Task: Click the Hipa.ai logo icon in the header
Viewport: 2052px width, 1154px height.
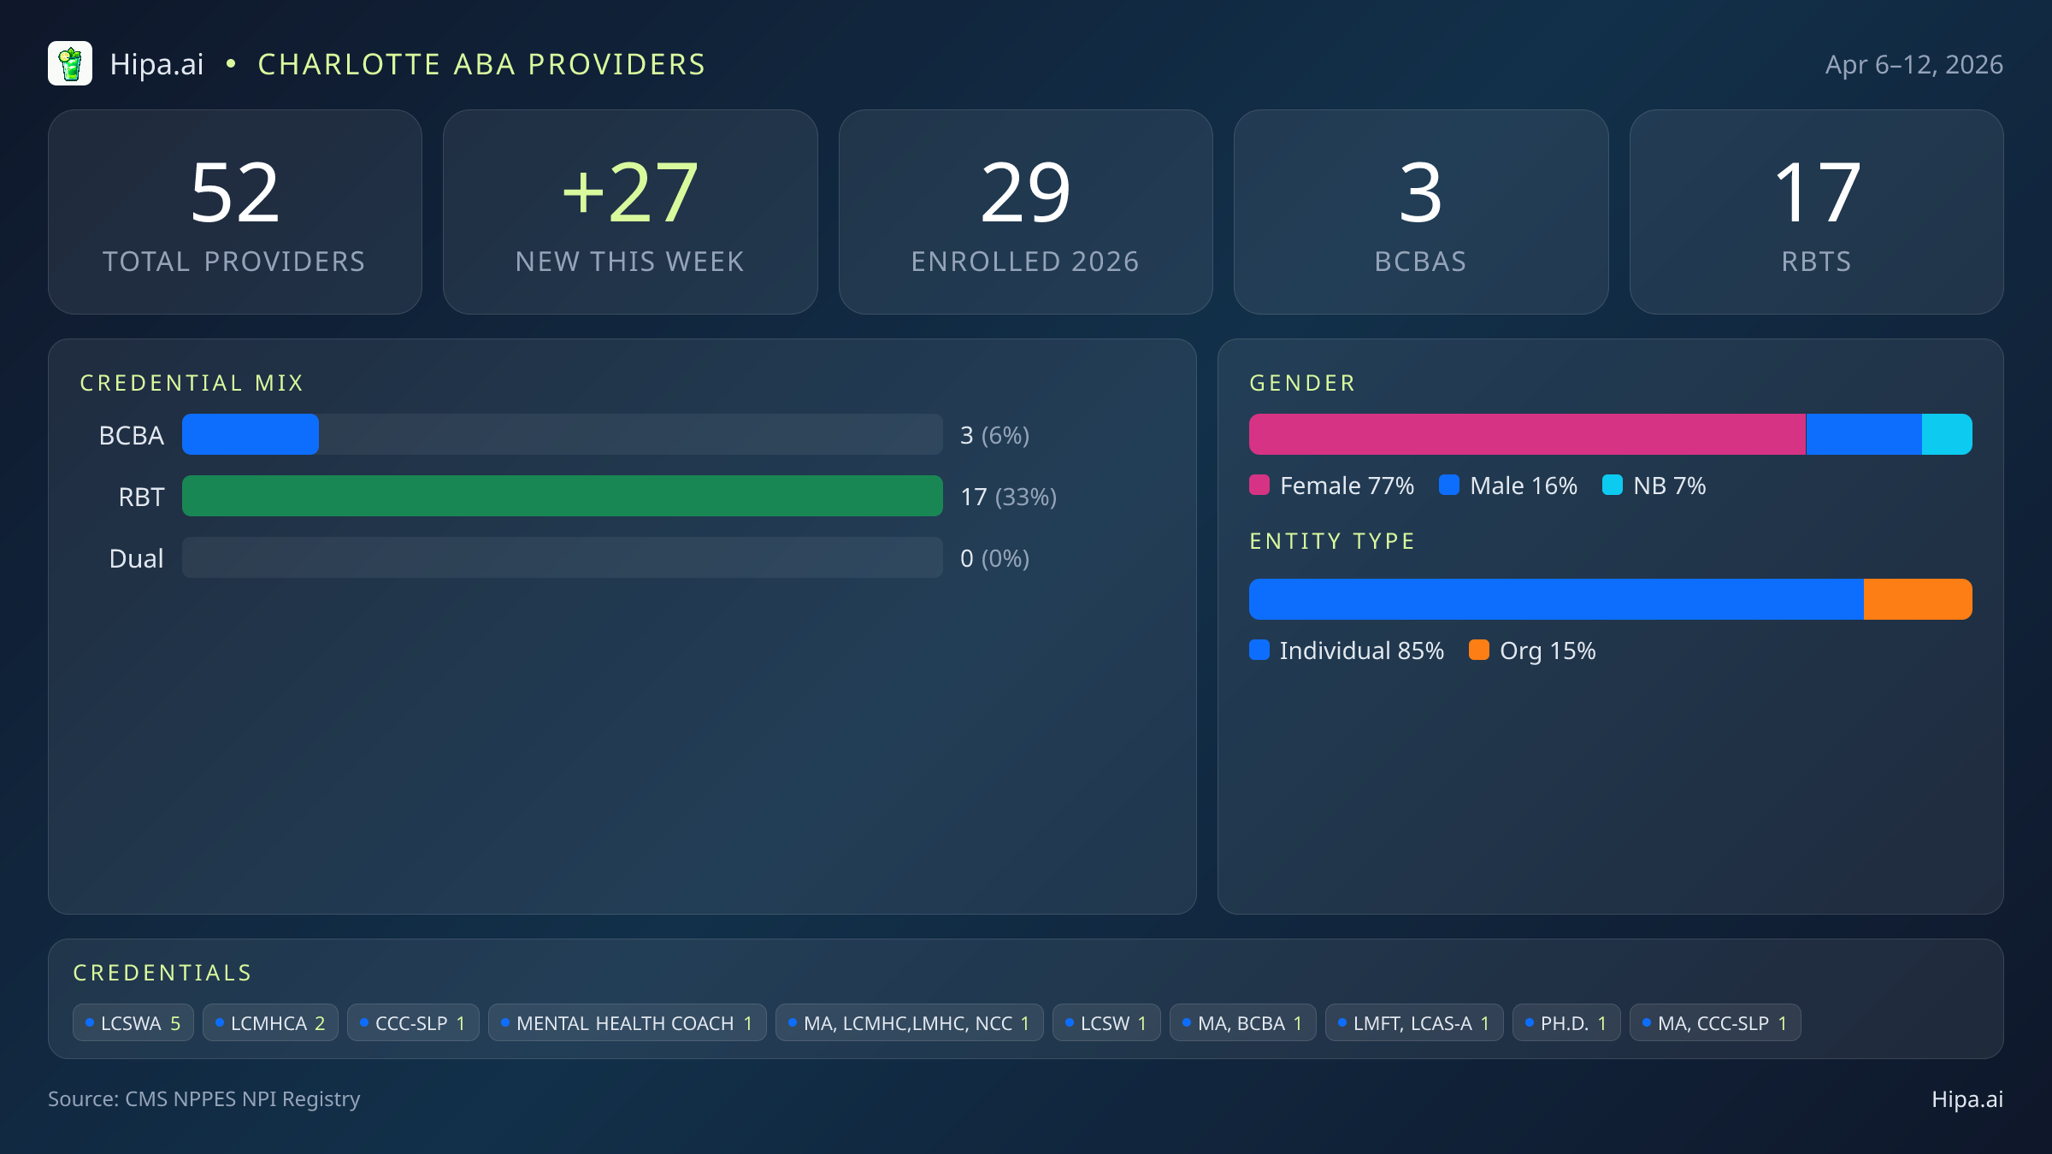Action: pyautogui.click(x=70, y=64)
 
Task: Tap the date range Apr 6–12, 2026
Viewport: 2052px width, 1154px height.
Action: pyautogui.click(x=1913, y=65)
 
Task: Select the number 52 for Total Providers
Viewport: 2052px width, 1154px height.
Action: pyautogui.click(x=235, y=193)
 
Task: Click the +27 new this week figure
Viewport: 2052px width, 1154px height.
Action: pyautogui.click(x=630, y=193)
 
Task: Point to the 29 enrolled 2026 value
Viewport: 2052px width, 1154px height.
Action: pyautogui.click(x=1025, y=193)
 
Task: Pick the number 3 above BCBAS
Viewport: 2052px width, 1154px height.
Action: pyautogui.click(x=1420, y=193)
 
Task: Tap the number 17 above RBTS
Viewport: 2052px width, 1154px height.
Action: pyautogui.click(x=1816, y=193)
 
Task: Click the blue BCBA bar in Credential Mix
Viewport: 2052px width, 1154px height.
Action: pyautogui.click(x=251, y=434)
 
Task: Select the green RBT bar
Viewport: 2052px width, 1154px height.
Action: pyautogui.click(x=562, y=496)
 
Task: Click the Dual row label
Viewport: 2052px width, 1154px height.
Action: pyautogui.click(x=136, y=558)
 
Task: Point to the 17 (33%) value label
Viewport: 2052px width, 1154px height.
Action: pyautogui.click(x=1008, y=497)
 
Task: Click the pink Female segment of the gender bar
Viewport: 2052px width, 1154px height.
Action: pyautogui.click(x=1526, y=434)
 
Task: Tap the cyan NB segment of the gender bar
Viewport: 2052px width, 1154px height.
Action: pyautogui.click(x=1947, y=434)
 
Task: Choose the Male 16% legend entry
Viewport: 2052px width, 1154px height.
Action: pyautogui.click(x=1509, y=486)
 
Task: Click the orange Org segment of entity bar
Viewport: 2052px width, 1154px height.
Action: pyautogui.click(x=1918, y=599)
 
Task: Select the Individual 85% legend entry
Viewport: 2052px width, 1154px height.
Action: pyautogui.click(x=1347, y=651)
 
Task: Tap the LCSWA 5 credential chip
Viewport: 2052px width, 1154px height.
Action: pyautogui.click(x=133, y=1023)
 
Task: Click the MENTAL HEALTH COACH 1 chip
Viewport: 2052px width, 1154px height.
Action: pyautogui.click(x=627, y=1023)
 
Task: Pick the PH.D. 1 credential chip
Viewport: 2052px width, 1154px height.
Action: pyautogui.click(x=1566, y=1023)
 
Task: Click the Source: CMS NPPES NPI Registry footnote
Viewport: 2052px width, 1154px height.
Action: pyautogui.click(x=203, y=1098)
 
